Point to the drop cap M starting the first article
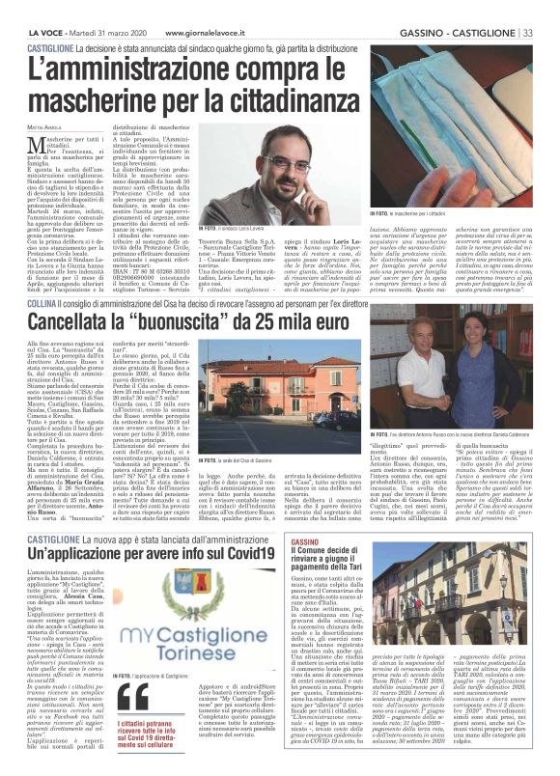point(35,145)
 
